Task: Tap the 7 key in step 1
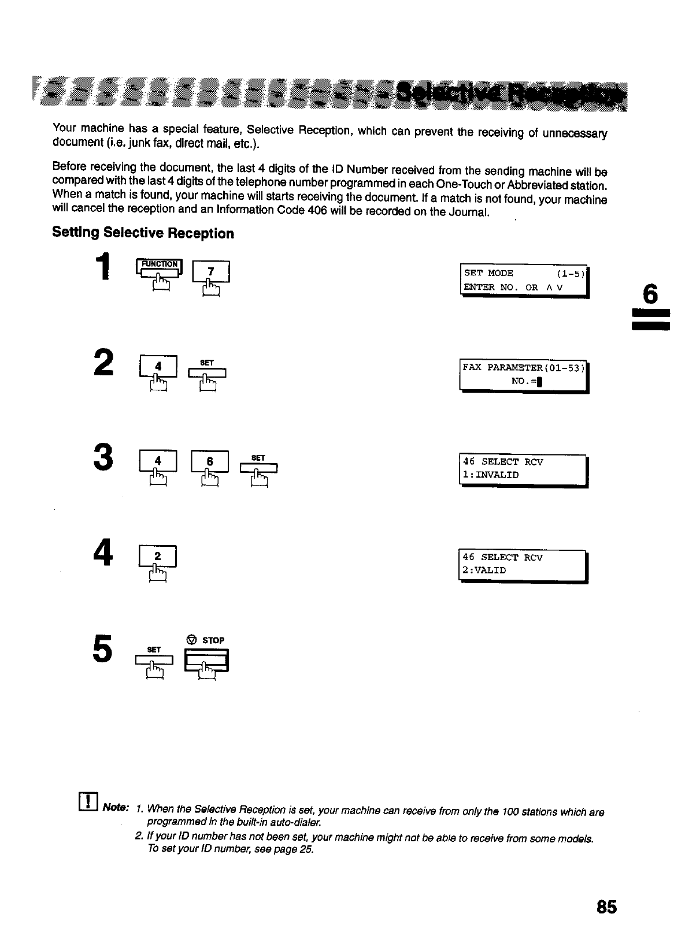coord(211,272)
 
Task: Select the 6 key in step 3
coord(210,462)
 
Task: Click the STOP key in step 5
coord(206,660)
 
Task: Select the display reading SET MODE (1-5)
coord(524,280)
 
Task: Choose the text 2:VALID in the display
coord(484,570)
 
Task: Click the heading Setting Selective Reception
coord(143,233)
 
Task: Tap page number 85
coord(606,907)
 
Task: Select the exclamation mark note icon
coord(88,801)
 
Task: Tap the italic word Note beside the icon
coord(116,808)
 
